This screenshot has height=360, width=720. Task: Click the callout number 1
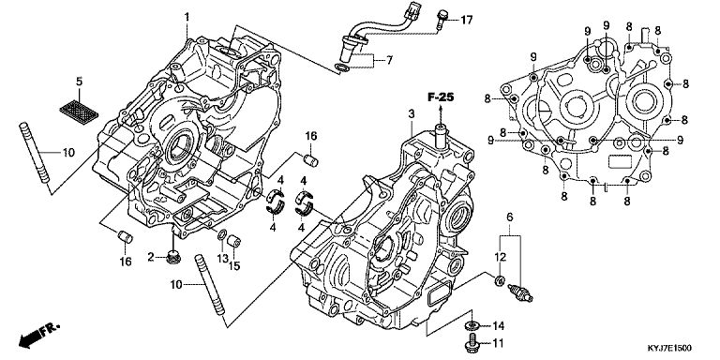[x=187, y=18]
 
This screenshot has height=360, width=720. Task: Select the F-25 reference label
[x=441, y=97]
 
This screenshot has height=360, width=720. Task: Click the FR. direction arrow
[x=38, y=335]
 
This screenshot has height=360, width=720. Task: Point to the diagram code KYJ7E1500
[x=669, y=349]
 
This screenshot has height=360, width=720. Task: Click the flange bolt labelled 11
[x=472, y=344]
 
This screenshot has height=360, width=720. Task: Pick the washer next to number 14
[x=472, y=326]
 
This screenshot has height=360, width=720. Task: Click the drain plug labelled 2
[x=173, y=257]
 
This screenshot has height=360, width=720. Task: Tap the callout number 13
[x=223, y=259]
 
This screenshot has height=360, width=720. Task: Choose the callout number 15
[x=234, y=266]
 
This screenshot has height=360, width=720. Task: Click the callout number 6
[x=509, y=217]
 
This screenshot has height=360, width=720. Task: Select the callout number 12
[x=501, y=257]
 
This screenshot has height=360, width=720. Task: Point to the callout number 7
[x=389, y=60]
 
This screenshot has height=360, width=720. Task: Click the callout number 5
[x=79, y=82]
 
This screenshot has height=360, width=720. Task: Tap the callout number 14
[x=498, y=326]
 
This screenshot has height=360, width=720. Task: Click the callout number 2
[x=151, y=257]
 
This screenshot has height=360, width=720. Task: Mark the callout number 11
[x=498, y=343]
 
